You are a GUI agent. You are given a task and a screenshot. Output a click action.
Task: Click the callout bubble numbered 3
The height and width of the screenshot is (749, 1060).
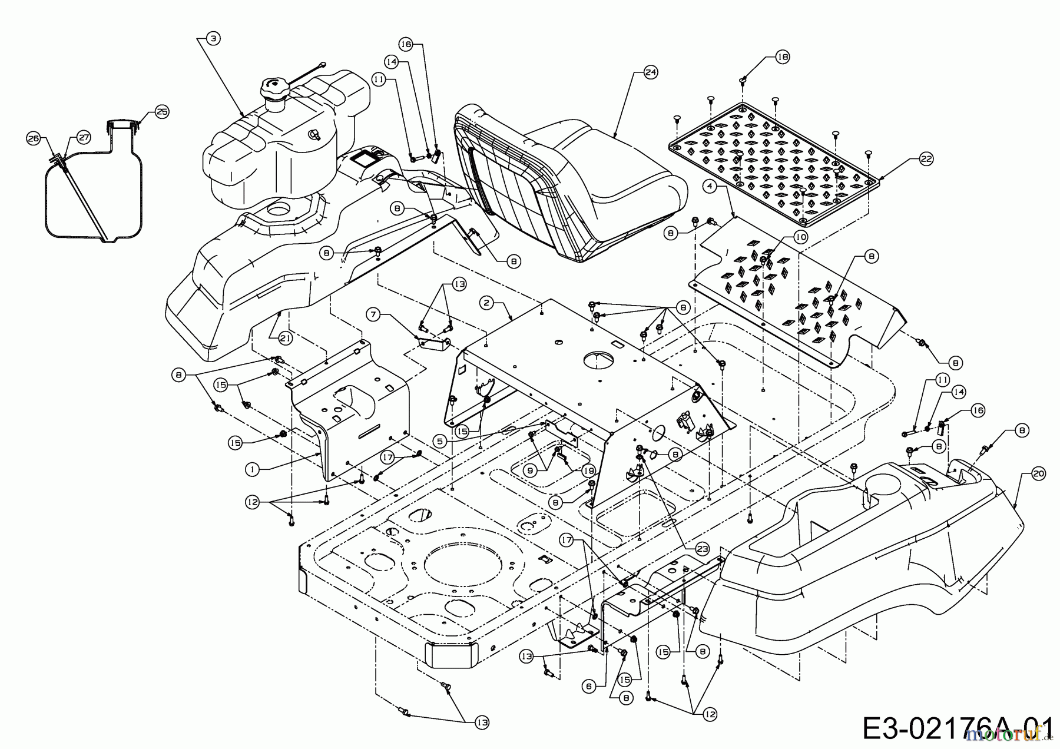[x=213, y=38]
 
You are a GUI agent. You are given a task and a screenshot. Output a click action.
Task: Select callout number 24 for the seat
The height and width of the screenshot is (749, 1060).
[x=650, y=72]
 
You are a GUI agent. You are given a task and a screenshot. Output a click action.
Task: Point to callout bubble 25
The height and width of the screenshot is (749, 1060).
[x=162, y=111]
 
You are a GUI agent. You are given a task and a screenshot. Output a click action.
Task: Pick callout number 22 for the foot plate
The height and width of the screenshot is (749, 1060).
[x=926, y=159]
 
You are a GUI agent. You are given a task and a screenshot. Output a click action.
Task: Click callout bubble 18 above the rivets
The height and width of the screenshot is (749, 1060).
[x=782, y=57]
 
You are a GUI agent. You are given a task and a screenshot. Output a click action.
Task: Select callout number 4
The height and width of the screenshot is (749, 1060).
[x=711, y=186]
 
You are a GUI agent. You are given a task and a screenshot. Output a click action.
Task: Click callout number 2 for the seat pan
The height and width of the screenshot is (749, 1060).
[x=486, y=303]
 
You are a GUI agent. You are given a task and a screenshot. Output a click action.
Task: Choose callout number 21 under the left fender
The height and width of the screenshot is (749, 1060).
[x=285, y=337]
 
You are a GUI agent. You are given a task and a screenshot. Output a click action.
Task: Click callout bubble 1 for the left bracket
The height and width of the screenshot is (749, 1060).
[x=252, y=469]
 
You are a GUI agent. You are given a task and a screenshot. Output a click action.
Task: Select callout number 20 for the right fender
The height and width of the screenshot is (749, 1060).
[x=1039, y=473]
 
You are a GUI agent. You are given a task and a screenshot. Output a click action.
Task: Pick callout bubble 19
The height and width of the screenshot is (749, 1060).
[x=588, y=470]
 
